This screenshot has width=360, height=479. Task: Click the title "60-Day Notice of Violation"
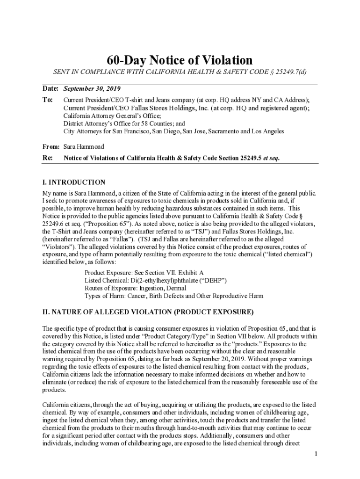pos(180,60)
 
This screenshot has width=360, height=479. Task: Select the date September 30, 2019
pos(92,89)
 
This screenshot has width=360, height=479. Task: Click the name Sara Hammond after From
pos(84,146)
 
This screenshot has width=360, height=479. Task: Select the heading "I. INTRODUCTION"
pos(73,182)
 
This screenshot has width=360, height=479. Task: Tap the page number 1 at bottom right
pos(316,454)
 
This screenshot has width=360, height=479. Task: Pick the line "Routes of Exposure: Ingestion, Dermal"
pos(135,288)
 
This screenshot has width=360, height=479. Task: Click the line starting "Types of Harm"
pos(173,296)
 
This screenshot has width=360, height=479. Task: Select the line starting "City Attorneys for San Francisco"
pos(173,131)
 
